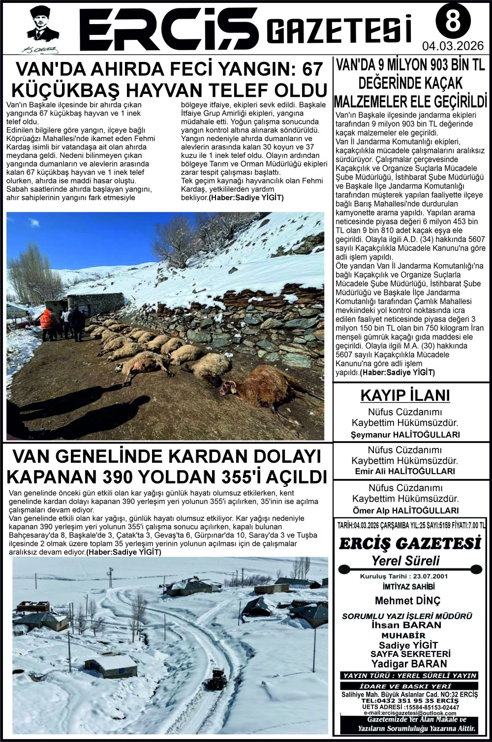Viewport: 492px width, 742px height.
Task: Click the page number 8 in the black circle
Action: tap(453, 22)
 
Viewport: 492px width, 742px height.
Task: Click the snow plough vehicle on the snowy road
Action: tap(216, 679)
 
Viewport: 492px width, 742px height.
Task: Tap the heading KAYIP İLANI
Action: tap(405, 395)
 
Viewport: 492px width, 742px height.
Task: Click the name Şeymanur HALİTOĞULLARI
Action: tap(405, 435)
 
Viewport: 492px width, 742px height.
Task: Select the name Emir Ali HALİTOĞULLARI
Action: tap(405, 471)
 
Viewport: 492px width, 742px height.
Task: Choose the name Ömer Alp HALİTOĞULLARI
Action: tap(405, 510)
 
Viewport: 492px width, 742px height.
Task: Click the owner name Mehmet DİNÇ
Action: tap(408, 600)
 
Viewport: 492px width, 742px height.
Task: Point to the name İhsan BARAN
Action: tap(406, 625)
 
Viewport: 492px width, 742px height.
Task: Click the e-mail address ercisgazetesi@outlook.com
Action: tap(410, 713)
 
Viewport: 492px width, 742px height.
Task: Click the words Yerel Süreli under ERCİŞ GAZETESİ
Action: tap(405, 561)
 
